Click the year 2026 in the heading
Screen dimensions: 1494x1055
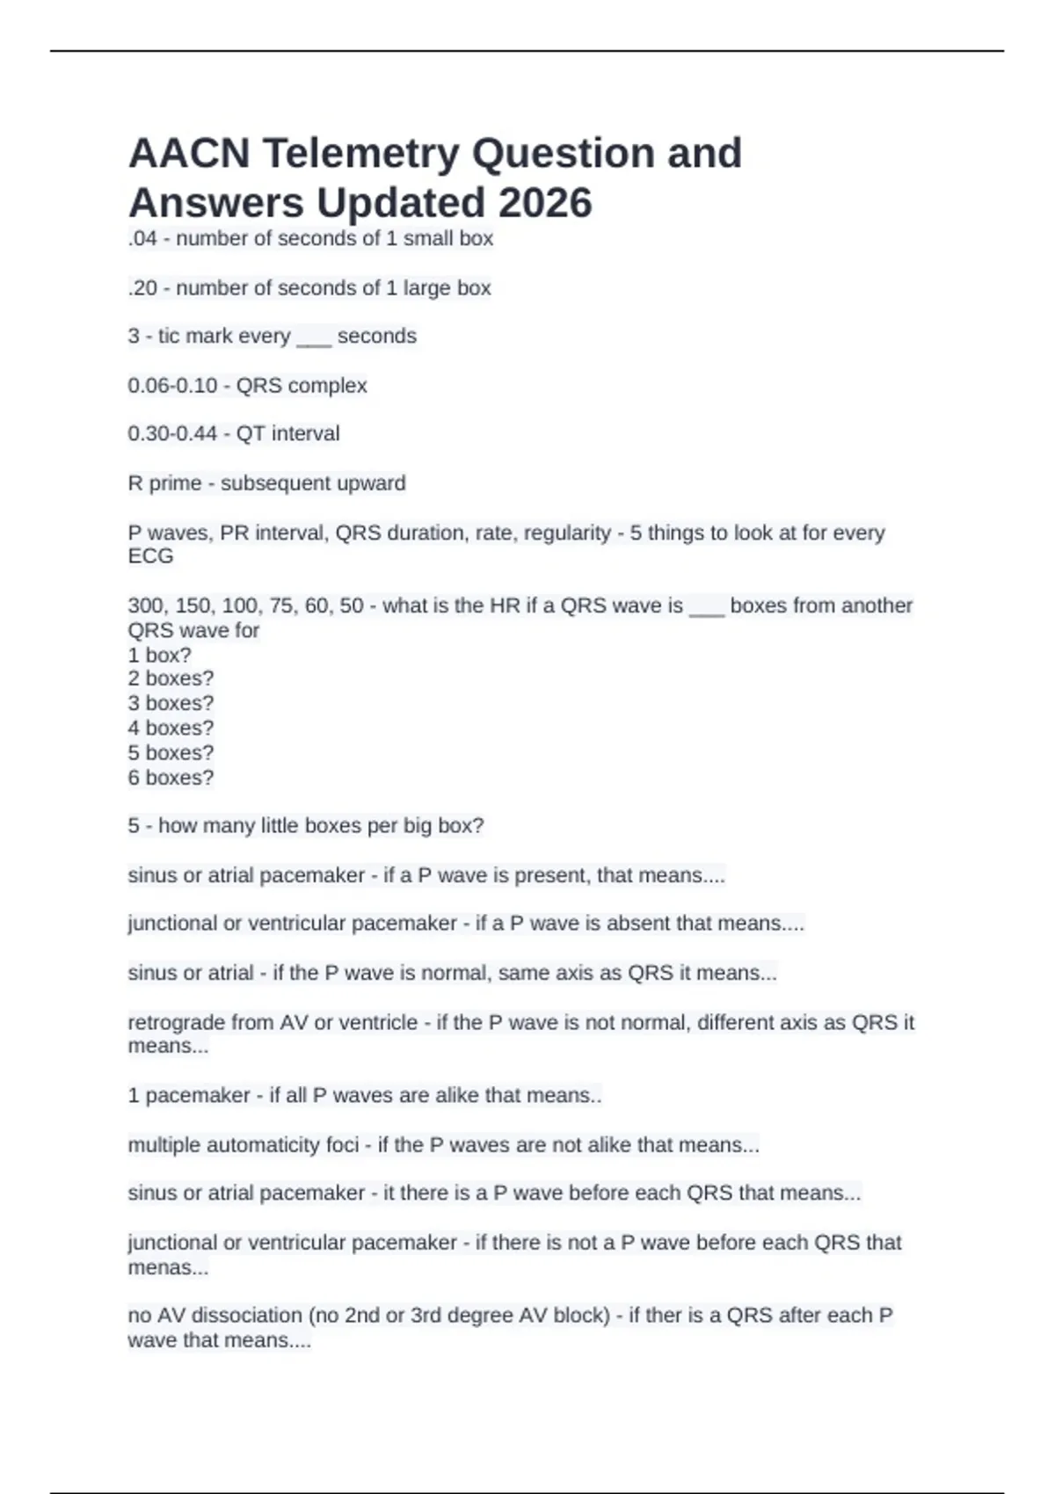[x=545, y=204]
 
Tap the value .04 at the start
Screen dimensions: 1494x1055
[x=142, y=239]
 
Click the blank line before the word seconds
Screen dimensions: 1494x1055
[x=314, y=337]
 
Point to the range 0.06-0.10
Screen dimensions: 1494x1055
[x=172, y=386]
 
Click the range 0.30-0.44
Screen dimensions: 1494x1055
[x=172, y=434]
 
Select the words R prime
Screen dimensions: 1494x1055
[x=164, y=483]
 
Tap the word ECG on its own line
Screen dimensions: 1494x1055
[x=150, y=556]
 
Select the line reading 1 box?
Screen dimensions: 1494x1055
[x=159, y=656]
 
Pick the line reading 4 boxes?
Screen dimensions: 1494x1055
[x=171, y=729]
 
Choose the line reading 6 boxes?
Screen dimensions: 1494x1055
[x=171, y=778]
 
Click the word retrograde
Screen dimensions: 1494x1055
[x=176, y=1023]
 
